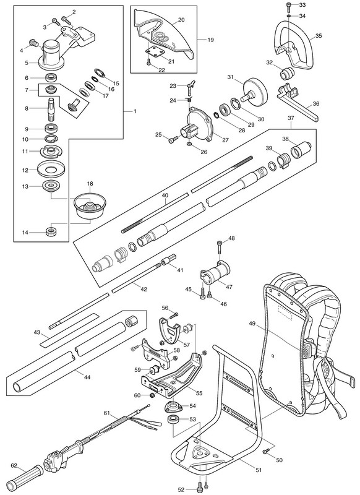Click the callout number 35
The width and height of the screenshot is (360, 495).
319,36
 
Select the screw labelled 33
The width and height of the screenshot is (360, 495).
289,5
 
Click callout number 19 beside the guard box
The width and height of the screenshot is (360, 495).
210,40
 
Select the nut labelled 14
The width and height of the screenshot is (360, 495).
51,231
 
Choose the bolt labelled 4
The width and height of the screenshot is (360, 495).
33,42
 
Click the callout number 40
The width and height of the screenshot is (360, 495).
165,196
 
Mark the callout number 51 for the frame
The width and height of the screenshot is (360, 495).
259,470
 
